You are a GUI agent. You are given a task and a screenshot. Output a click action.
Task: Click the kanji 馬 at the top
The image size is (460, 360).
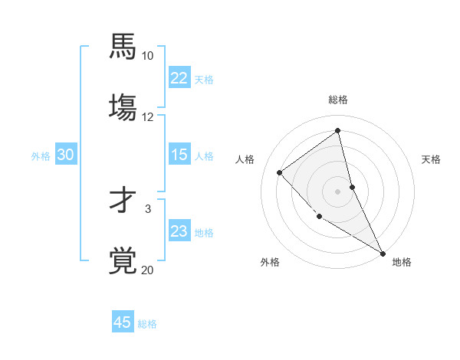[x=123, y=46]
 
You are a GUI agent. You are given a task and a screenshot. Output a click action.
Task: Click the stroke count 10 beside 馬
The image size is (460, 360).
[x=147, y=56]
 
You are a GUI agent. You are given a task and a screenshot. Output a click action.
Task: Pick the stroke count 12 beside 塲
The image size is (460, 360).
[x=147, y=117]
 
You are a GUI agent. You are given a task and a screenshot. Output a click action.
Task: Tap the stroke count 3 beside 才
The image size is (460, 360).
[x=148, y=208]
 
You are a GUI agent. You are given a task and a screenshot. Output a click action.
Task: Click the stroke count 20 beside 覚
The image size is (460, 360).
[x=147, y=270]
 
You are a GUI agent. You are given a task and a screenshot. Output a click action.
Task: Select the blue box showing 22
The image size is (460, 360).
[x=179, y=78]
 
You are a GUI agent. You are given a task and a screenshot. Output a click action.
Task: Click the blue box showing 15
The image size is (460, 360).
[x=179, y=155]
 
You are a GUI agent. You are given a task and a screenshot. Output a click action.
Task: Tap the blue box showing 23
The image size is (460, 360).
[x=179, y=231]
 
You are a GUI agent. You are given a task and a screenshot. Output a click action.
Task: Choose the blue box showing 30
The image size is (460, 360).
[x=66, y=155]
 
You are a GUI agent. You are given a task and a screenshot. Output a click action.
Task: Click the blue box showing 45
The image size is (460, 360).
[x=123, y=322]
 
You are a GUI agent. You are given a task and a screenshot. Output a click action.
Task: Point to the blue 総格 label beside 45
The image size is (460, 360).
[x=147, y=324]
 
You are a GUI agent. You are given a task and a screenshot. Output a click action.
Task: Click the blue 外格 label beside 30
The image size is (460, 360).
[x=41, y=156]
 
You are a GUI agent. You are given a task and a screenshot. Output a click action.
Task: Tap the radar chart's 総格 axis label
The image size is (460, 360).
[x=338, y=100]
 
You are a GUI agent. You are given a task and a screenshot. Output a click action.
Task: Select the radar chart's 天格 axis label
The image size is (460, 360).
[x=431, y=159]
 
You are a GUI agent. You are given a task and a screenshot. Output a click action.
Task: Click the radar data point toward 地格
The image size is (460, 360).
[x=383, y=253]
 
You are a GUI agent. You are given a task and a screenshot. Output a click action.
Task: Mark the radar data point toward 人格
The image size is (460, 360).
[x=280, y=172]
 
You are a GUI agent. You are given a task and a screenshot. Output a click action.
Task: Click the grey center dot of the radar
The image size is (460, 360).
[x=338, y=191]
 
